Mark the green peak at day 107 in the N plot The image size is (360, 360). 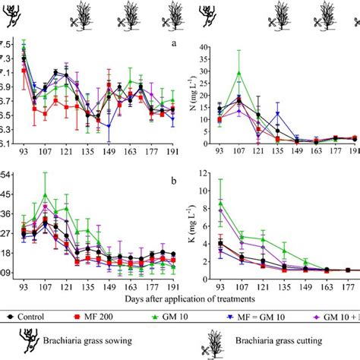pos(239,73)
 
